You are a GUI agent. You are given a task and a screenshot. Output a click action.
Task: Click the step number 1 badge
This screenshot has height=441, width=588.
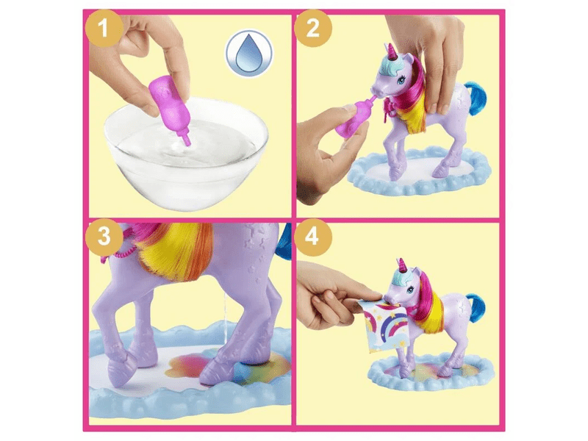tap(104, 28)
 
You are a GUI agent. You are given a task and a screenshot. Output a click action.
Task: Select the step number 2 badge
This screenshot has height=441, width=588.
tap(313, 28)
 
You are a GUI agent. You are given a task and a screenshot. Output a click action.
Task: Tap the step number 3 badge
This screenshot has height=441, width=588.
tap(104, 237)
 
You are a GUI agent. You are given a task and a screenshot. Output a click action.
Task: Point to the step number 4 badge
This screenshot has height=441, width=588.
tap(313, 237)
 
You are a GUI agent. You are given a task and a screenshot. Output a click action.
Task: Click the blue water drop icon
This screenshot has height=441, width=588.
tap(249, 53)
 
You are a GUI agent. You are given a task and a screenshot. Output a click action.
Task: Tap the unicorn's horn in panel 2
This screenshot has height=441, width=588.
tap(392, 51)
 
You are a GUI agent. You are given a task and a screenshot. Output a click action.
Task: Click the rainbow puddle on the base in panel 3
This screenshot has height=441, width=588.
tap(228, 365)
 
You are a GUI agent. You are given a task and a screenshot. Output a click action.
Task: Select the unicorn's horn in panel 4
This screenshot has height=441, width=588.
tap(402, 265)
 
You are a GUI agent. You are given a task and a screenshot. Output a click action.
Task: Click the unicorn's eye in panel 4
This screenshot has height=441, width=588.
tap(412, 290)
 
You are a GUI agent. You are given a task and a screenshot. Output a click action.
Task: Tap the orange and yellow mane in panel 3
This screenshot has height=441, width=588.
tap(174, 249)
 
